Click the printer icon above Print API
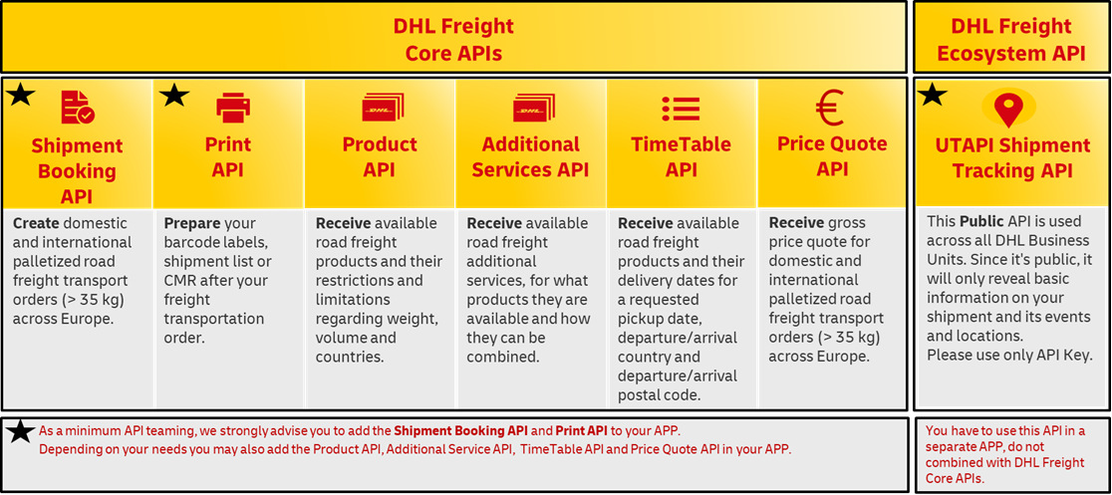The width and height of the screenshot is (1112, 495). click(232, 109)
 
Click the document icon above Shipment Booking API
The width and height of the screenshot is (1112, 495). click(78, 108)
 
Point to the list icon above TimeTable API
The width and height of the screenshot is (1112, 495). click(681, 109)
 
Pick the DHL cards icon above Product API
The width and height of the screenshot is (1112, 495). click(383, 108)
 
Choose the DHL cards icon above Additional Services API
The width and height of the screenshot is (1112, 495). click(534, 108)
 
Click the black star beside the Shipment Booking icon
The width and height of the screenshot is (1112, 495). click(21, 95)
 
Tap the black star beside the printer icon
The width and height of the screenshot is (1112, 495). click(174, 95)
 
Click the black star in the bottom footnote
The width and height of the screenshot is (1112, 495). click(21, 430)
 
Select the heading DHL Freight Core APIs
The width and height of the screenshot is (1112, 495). click(454, 40)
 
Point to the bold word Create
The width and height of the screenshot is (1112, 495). click(33, 223)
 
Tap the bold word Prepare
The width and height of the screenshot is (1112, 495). click(188, 223)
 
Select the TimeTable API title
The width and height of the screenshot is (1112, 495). click(681, 156)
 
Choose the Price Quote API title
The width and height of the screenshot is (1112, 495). click(832, 156)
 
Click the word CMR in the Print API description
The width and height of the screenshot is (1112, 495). click(179, 281)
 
